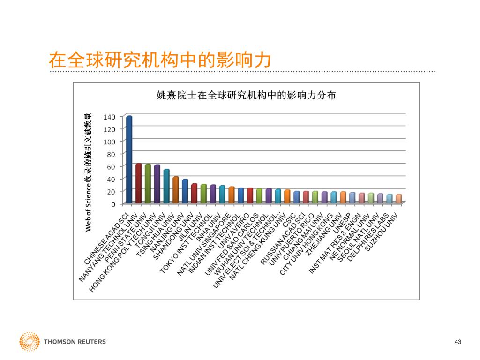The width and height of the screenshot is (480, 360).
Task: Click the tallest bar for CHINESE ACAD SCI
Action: tap(129, 159)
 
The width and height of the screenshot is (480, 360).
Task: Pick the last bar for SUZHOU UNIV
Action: tap(398, 199)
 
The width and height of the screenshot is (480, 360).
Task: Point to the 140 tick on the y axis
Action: tap(110, 116)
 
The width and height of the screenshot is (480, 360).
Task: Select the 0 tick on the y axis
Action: tap(113, 204)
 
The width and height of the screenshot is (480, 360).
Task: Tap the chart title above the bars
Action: tap(246, 96)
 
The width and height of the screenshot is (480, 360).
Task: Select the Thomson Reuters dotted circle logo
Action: tap(29, 342)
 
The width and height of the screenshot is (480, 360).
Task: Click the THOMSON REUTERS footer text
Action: tap(75, 342)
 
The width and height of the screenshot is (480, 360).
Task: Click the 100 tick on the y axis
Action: tap(110, 141)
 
